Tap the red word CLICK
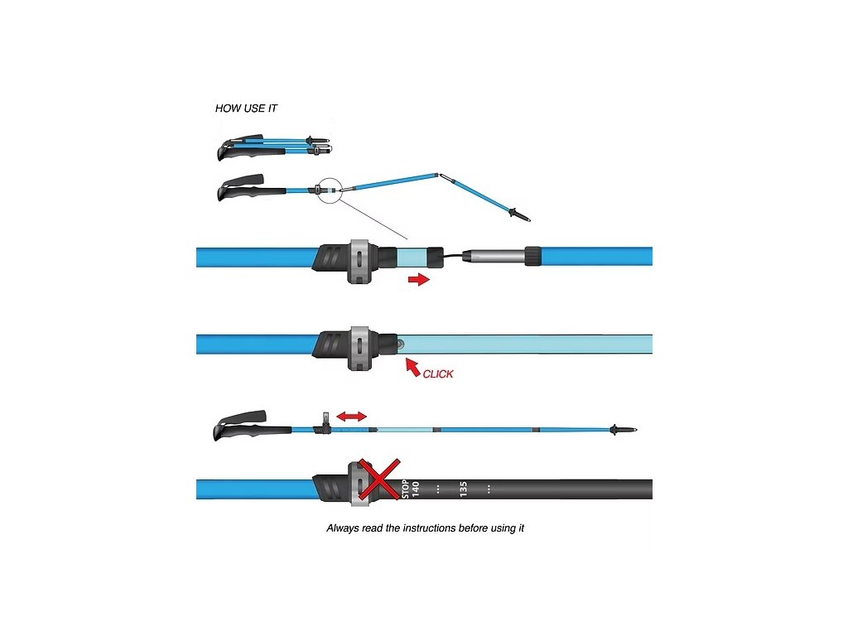point(438,374)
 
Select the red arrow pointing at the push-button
point(412,367)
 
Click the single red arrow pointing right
point(420,280)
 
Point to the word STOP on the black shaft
point(405,489)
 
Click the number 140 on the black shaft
point(416,489)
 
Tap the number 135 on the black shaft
point(464,489)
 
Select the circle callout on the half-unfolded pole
point(329,190)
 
